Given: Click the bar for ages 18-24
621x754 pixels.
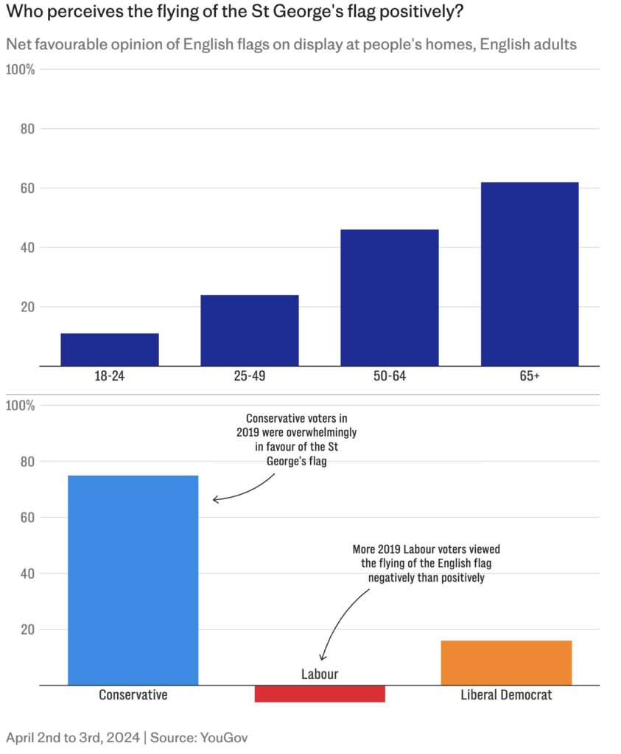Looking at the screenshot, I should tap(109, 350).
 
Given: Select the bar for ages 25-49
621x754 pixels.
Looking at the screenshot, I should tap(249, 331).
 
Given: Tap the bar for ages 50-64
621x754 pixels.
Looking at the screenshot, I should tap(389, 297).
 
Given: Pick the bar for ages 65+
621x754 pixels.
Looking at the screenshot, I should tap(529, 274).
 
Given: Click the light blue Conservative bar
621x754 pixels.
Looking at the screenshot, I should tap(133, 580).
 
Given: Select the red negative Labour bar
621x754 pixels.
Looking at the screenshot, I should tap(320, 694).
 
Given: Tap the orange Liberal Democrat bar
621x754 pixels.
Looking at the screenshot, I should tap(506, 663).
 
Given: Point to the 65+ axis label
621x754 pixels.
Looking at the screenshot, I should tap(529, 376).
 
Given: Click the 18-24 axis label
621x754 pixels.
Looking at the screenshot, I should tap(109, 376).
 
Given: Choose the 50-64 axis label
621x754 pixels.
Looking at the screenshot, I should tap(389, 376).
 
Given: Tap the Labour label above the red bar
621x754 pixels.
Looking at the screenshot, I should tap(320, 674).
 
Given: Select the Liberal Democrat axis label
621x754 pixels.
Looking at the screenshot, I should tap(506, 695).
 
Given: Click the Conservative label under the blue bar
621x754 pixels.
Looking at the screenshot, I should tap(133, 695).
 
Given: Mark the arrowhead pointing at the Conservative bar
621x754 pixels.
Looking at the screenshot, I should tap(215, 500).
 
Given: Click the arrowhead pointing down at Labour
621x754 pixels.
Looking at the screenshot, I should tap(322, 658).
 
